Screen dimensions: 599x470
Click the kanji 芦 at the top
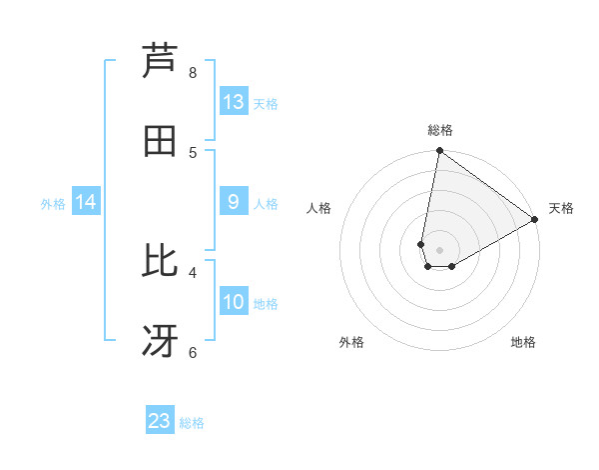tap(161, 61)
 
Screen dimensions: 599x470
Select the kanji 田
tap(161, 141)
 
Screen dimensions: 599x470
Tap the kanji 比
tap(161, 261)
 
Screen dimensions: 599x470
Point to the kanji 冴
tap(161, 341)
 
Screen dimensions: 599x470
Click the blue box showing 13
tap(234, 102)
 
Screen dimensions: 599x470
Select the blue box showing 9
tap(234, 202)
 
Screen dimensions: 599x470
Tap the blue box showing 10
tap(234, 302)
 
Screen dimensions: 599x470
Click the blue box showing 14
tap(87, 202)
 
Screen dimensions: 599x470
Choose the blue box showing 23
tap(160, 421)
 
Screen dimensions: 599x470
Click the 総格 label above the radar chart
tap(440, 130)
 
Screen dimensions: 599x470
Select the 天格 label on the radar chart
tap(561, 208)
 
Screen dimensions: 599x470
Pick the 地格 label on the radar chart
tap(523, 342)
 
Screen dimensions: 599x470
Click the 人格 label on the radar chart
tap(318, 208)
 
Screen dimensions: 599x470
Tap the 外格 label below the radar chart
tap(351, 342)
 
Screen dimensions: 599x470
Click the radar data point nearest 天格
tap(535, 220)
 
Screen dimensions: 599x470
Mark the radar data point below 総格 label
tap(439, 151)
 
